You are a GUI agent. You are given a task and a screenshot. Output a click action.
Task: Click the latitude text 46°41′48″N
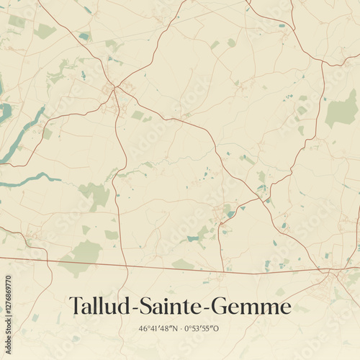pyautogui.click(x=159, y=329)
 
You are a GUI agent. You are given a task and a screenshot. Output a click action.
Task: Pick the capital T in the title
pyautogui.click(x=76, y=307)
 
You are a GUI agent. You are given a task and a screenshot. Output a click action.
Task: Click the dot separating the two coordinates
pyautogui.click(x=180, y=329)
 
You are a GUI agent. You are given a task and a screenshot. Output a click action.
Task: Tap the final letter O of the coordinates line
pyautogui.click(x=216, y=329)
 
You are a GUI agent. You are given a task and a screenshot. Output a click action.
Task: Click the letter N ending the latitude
pyautogui.click(x=174, y=329)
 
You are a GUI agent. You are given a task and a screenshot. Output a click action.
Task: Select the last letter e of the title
pyautogui.click(x=286, y=309)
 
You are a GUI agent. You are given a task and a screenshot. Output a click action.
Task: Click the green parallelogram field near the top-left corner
pyautogui.click(x=45, y=31)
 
